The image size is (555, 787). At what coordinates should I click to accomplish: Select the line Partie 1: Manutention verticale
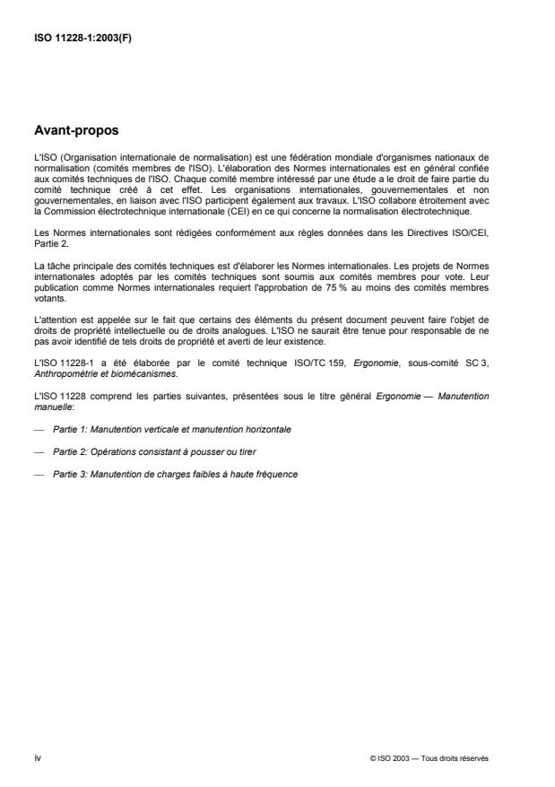click(170, 430)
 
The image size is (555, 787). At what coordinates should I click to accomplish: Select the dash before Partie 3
click(37, 473)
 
